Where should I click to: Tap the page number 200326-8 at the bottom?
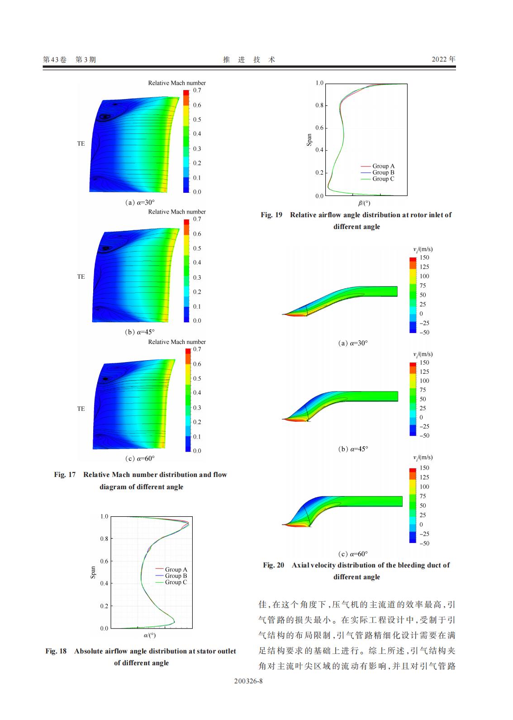pyautogui.click(x=248, y=681)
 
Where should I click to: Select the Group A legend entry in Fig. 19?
pyautogui.click(x=383, y=166)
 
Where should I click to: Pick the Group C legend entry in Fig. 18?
pyautogui.click(x=176, y=582)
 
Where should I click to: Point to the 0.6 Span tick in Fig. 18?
pyautogui.click(x=104, y=561)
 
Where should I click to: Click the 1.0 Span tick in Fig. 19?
pyautogui.click(x=319, y=83)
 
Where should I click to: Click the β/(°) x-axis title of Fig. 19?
pyautogui.click(x=364, y=203)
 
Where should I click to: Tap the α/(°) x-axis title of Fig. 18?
pyautogui.click(x=150, y=635)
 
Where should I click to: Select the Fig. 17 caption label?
pyautogui.click(x=65, y=475)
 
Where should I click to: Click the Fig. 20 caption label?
pyautogui.click(x=273, y=565)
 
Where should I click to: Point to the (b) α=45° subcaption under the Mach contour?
pyautogui.click(x=140, y=332)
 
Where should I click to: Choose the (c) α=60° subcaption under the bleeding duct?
pyautogui.click(x=353, y=554)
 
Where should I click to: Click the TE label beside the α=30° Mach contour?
pyautogui.click(x=81, y=143)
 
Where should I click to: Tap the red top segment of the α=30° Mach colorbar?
pyautogui.click(x=186, y=92)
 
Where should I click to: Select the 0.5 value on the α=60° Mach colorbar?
pyautogui.click(x=197, y=378)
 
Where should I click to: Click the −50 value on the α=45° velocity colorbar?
pyautogui.click(x=424, y=435)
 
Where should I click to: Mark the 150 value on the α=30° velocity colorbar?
pyautogui.click(x=424, y=257)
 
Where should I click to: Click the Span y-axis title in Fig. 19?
pyautogui.click(x=309, y=140)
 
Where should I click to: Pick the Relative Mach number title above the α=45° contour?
pyautogui.click(x=177, y=212)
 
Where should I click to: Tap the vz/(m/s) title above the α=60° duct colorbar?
pyautogui.click(x=423, y=458)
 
